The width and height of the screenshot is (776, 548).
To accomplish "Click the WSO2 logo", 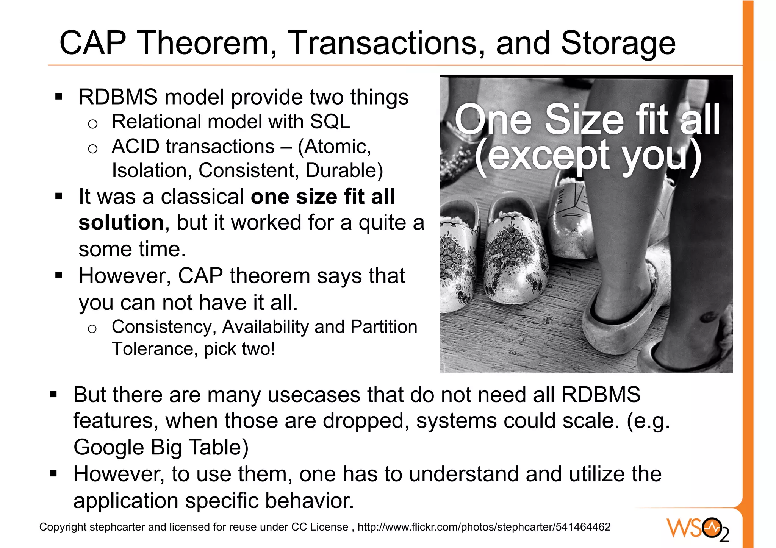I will point(698,529).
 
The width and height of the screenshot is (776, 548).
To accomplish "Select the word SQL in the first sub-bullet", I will point(330,122).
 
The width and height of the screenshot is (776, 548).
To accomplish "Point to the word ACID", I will point(135,147).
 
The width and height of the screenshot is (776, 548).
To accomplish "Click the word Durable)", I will point(344,170).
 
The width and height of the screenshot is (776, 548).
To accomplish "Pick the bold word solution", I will point(121,222).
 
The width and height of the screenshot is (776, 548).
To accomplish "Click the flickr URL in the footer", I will point(484,527).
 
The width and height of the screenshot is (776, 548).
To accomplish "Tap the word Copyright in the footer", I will point(63,527).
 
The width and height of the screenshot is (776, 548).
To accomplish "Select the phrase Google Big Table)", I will point(161,447).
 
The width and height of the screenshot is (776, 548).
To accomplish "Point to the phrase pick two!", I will point(239,349).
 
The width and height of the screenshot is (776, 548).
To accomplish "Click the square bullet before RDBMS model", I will point(58,97).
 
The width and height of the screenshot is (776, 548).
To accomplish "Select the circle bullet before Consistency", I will point(92,329).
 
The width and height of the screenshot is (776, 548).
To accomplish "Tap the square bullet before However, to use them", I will point(53,473).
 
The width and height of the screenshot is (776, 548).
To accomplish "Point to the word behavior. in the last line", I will point(309,501).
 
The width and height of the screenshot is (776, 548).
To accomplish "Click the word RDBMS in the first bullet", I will point(118,97).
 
